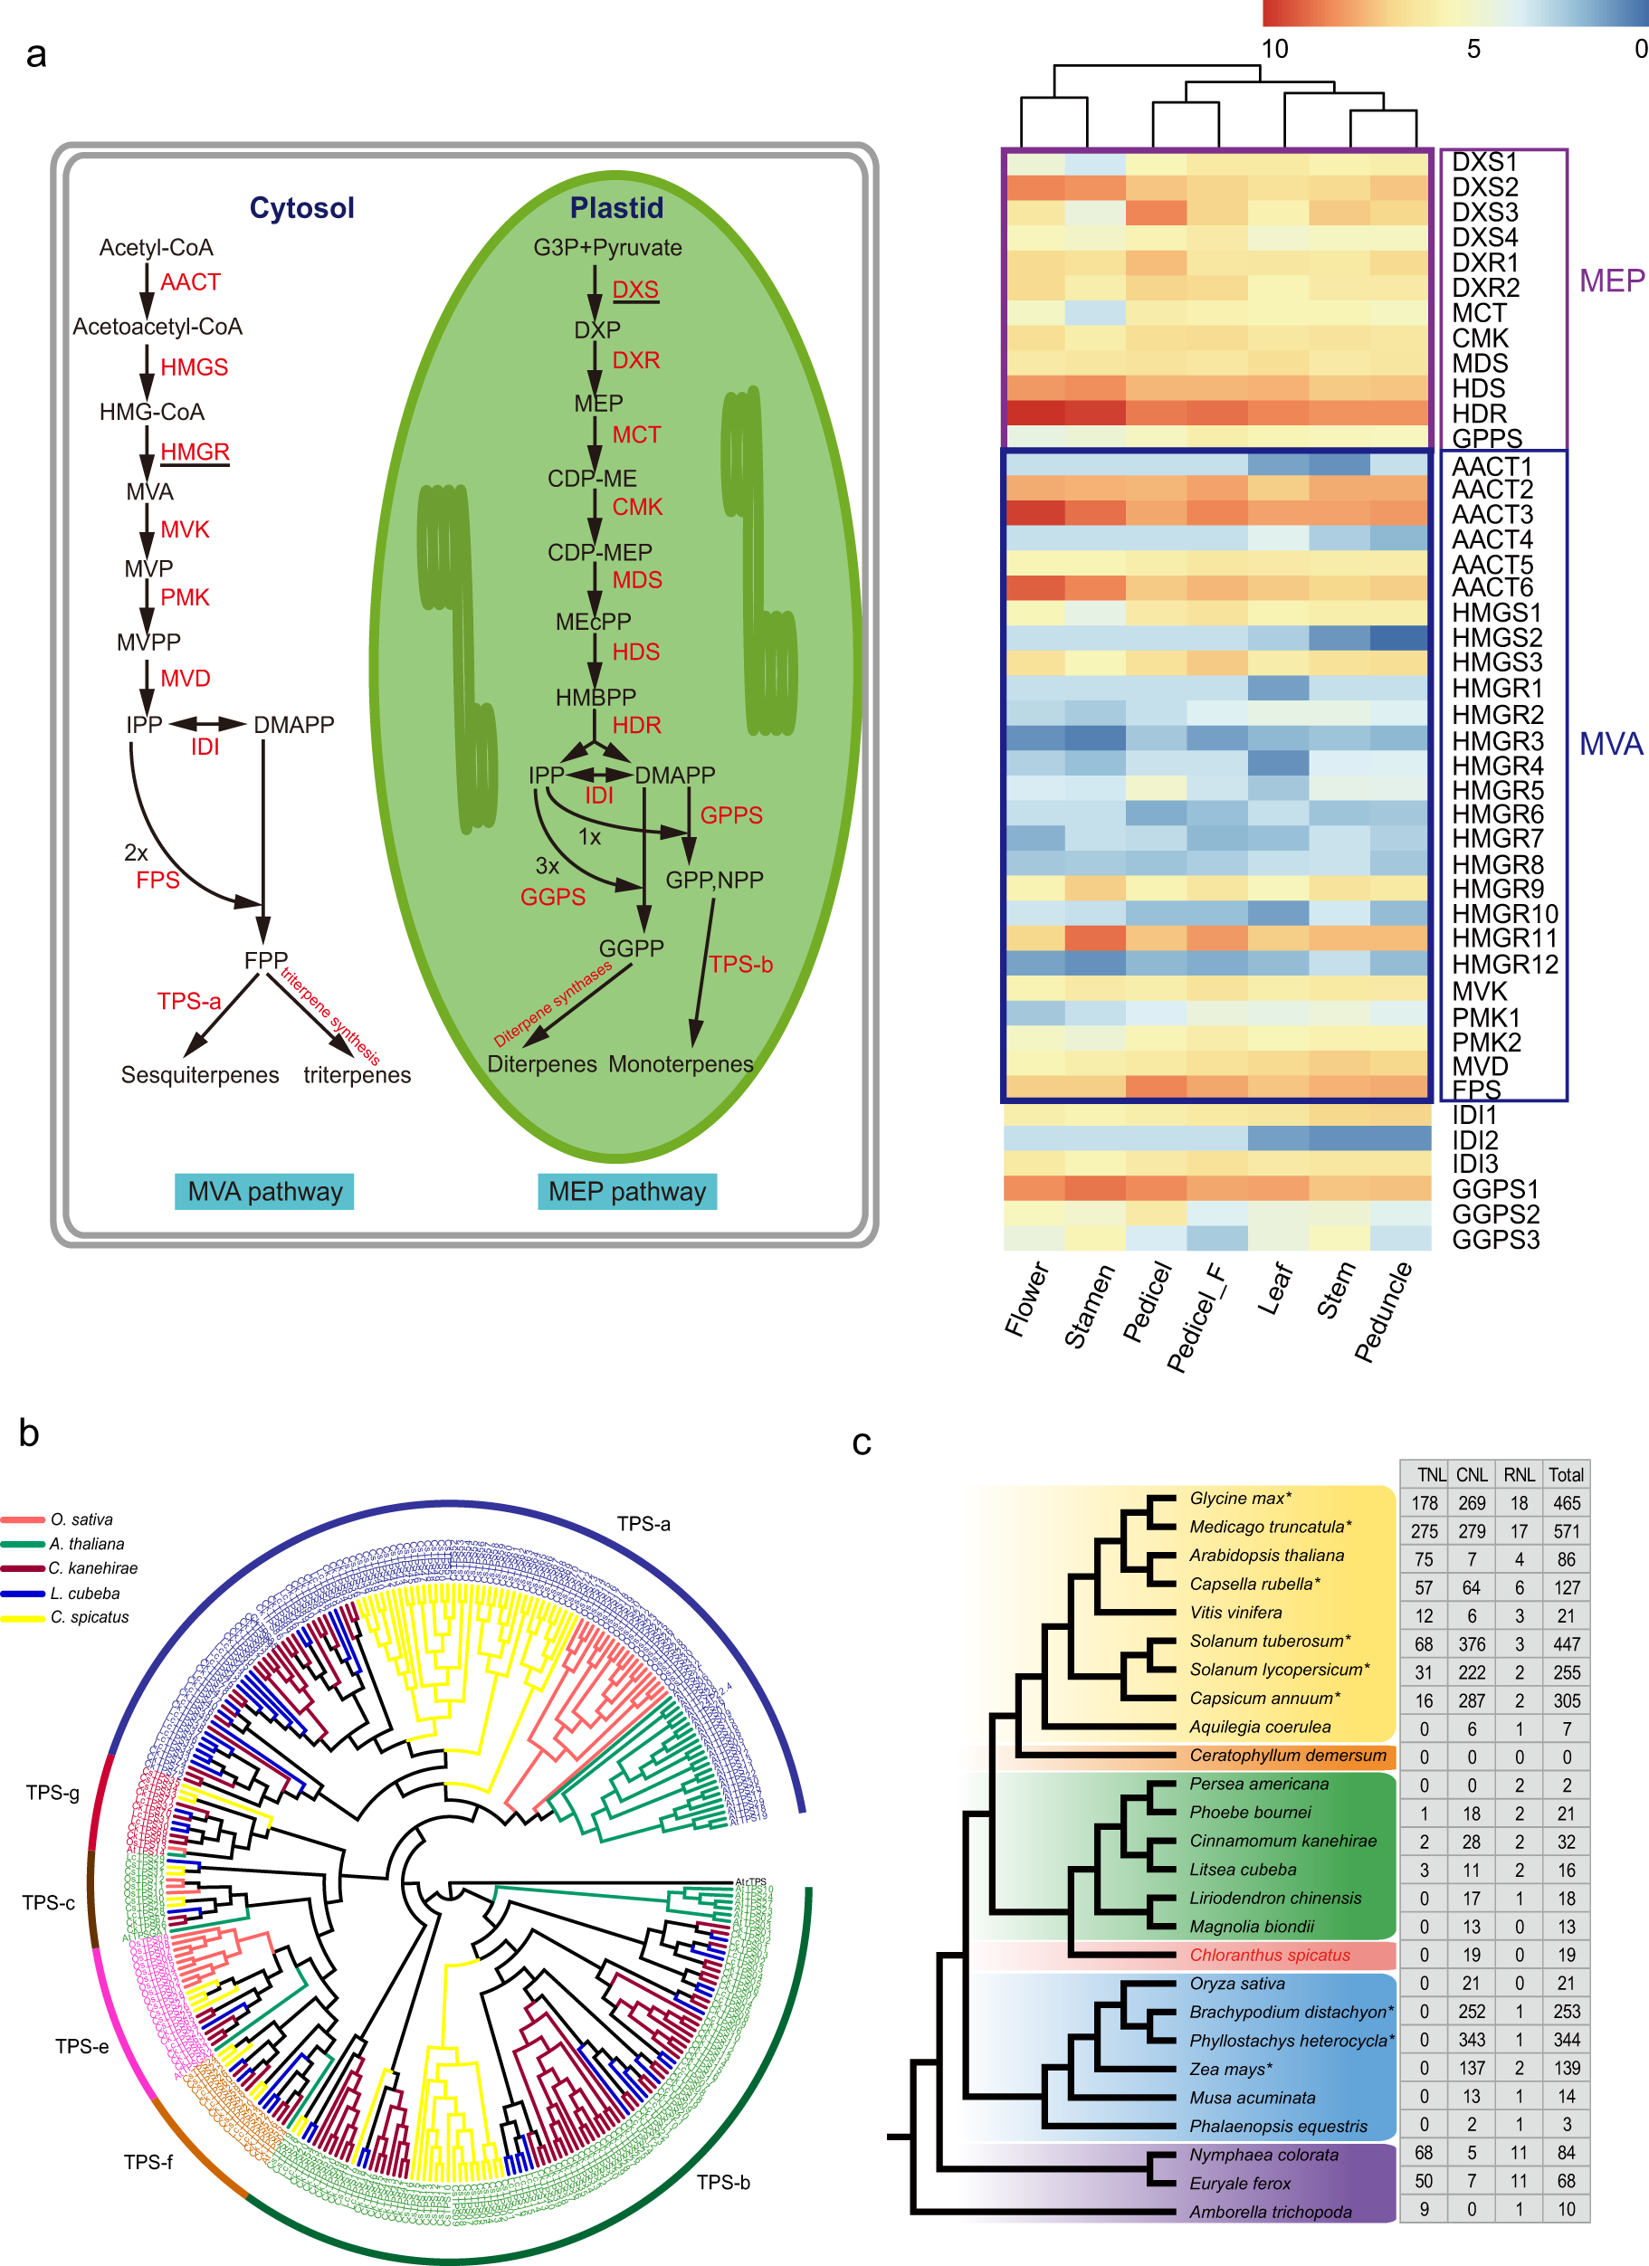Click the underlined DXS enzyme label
pos(634,290)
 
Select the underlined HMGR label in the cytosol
pos(195,452)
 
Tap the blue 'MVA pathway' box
pos(265,1191)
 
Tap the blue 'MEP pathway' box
pos(626,1191)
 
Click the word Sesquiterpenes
pos(200,1075)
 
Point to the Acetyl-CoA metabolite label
pos(156,248)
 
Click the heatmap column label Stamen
pos(1089,1307)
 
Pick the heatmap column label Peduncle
pos(1383,1312)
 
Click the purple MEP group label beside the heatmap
pos(1610,281)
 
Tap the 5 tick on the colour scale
pos(1473,49)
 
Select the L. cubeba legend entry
pos(85,1594)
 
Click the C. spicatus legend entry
pos(89,1617)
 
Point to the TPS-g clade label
pos(53,1793)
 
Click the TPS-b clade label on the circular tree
pos(722,2182)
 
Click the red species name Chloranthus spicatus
pos(1269,1956)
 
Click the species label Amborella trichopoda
pos(1270,2212)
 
